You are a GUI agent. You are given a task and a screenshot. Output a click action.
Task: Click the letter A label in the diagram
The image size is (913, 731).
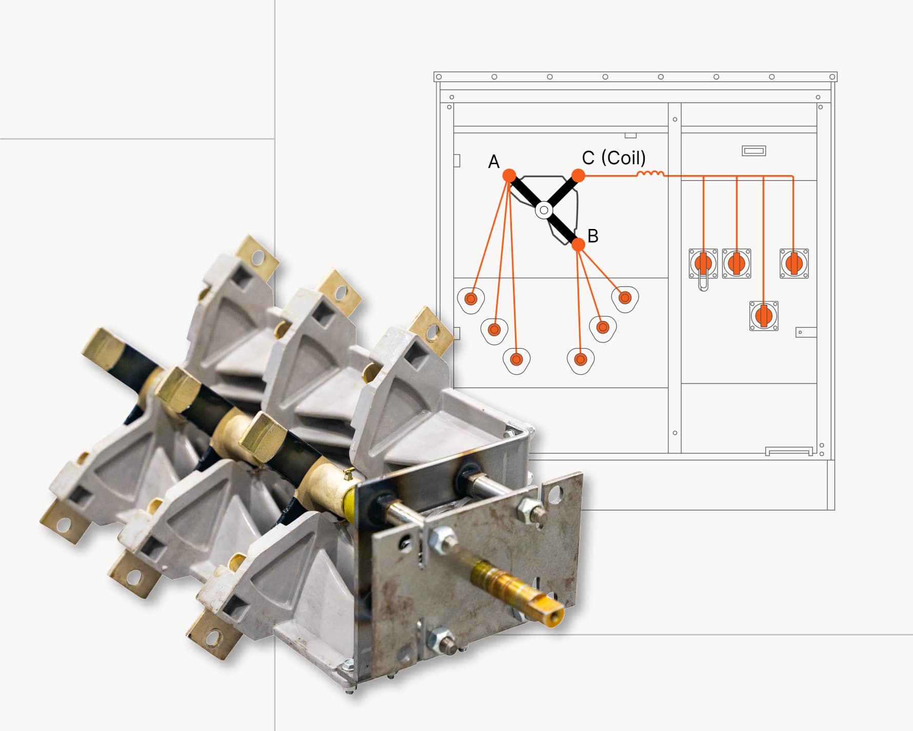tap(493, 162)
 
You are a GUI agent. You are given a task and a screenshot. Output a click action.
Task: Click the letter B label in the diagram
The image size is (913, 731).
tap(593, 236)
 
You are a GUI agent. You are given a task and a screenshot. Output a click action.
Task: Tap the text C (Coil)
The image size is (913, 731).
tap(613, 158)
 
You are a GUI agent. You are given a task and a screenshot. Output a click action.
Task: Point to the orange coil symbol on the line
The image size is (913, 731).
tap(650, 174)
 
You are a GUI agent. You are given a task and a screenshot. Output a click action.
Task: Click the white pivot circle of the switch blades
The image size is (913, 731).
tap(544, 210)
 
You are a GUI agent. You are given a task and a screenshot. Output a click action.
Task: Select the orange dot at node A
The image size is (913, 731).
tap(509, 175)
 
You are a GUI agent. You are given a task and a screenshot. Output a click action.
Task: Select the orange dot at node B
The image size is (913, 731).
tap(578, 244)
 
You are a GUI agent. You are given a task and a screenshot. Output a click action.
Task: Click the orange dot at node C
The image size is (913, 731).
tap(578, 175)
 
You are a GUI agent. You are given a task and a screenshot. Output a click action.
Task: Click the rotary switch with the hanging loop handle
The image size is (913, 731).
tap(703, 264)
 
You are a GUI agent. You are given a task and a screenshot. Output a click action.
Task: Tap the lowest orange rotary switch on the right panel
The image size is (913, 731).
tap(764, 316)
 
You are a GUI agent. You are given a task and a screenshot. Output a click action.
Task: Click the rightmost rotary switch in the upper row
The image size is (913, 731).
tap(794, 263)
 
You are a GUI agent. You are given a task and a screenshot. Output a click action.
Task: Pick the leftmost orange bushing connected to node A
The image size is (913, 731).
tap(471, 299)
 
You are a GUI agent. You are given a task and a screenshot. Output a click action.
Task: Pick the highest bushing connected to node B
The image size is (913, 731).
tap(625, 297)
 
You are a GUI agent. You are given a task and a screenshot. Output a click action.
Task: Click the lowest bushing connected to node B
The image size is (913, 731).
tap(580, 359)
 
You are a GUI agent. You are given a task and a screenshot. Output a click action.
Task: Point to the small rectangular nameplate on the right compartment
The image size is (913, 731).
tap(754, 151)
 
